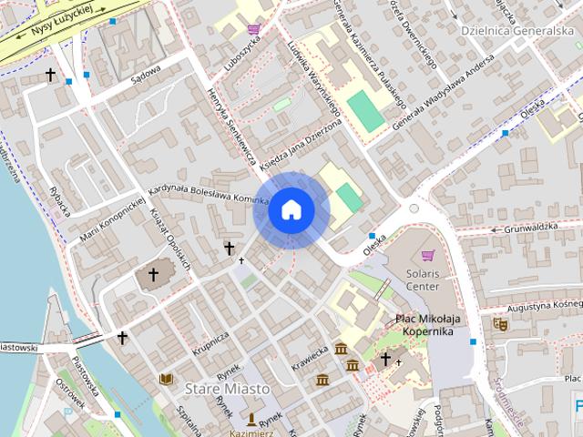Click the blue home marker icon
[291, 209]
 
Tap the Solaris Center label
[422, 279]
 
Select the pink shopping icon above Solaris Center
[427, 255]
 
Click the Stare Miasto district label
[228, 389]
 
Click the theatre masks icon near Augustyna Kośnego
[499, 323]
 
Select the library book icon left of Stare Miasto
[166, 379]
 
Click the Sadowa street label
[146, 74]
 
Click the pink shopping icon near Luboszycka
[253, 29]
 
